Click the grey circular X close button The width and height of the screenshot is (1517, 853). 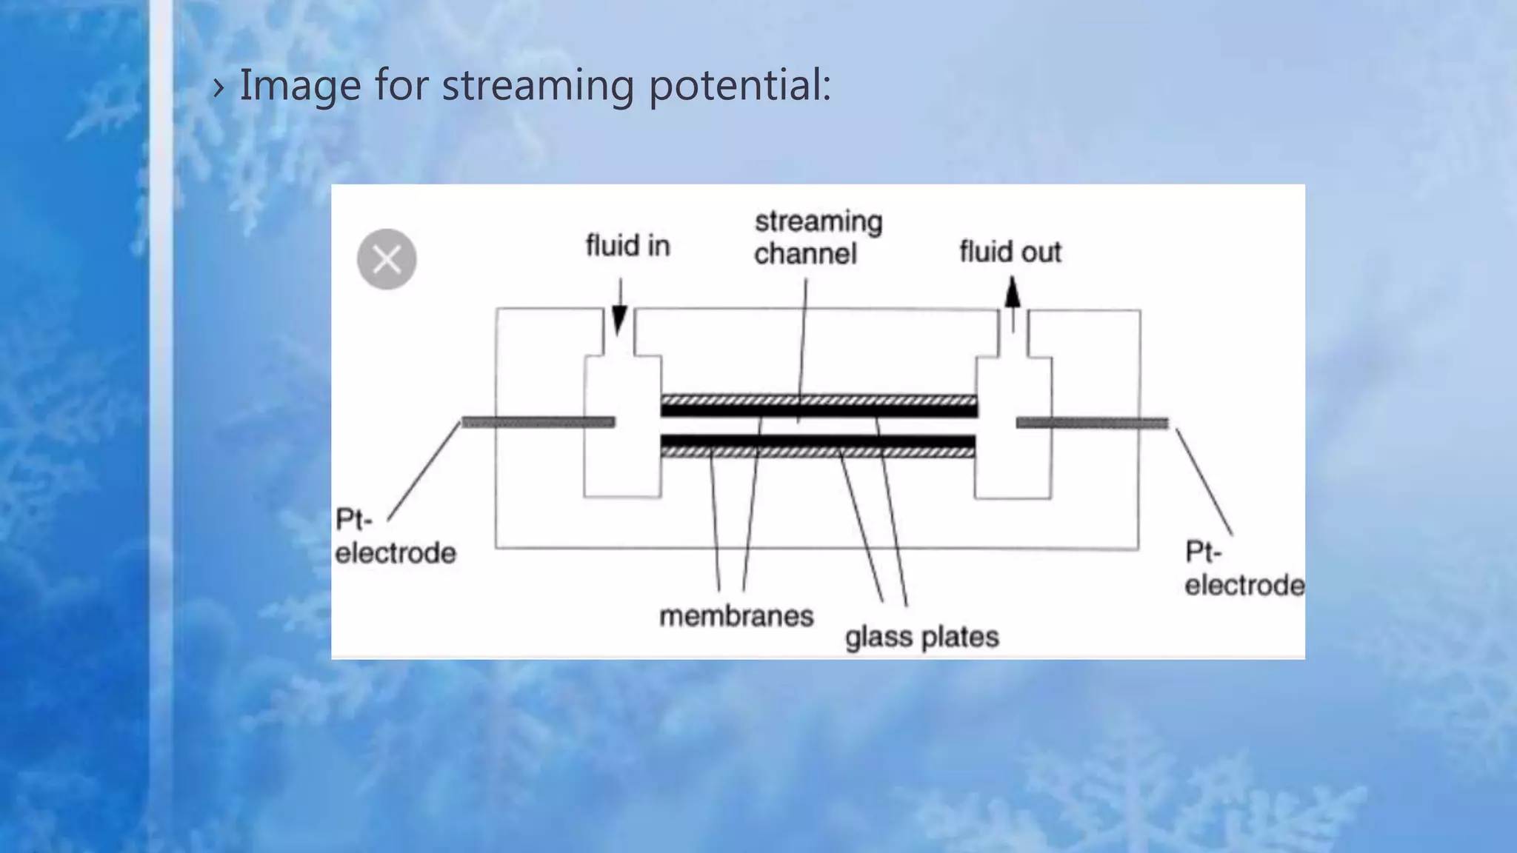coord(387,259)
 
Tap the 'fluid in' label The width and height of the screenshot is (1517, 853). coord(627,246)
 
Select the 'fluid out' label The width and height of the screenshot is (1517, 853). coord(1010,252)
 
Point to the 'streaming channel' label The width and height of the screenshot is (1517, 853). coord(818,238)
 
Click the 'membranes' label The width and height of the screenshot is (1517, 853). coord(736,616)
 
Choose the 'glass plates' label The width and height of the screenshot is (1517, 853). coord(921,637)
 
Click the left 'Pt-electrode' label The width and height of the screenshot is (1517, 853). coord(395,537)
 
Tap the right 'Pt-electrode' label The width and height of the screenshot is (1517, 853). coord(1244,569)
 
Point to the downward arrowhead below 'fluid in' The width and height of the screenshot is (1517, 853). coord(619,320)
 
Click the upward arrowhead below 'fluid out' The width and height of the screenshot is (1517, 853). coord(1013,293)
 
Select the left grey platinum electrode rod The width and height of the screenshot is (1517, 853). coord(539,422)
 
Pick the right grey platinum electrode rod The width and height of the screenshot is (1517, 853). coord(1092,423)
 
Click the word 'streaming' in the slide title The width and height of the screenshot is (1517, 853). coord(538,84)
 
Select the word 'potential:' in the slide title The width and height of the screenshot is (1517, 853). coord(740,84)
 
